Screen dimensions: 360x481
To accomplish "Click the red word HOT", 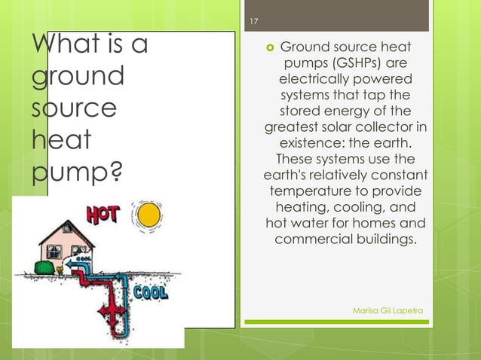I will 103,215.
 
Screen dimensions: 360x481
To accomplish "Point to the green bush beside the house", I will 45,267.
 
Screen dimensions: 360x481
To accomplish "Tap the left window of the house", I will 52,249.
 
